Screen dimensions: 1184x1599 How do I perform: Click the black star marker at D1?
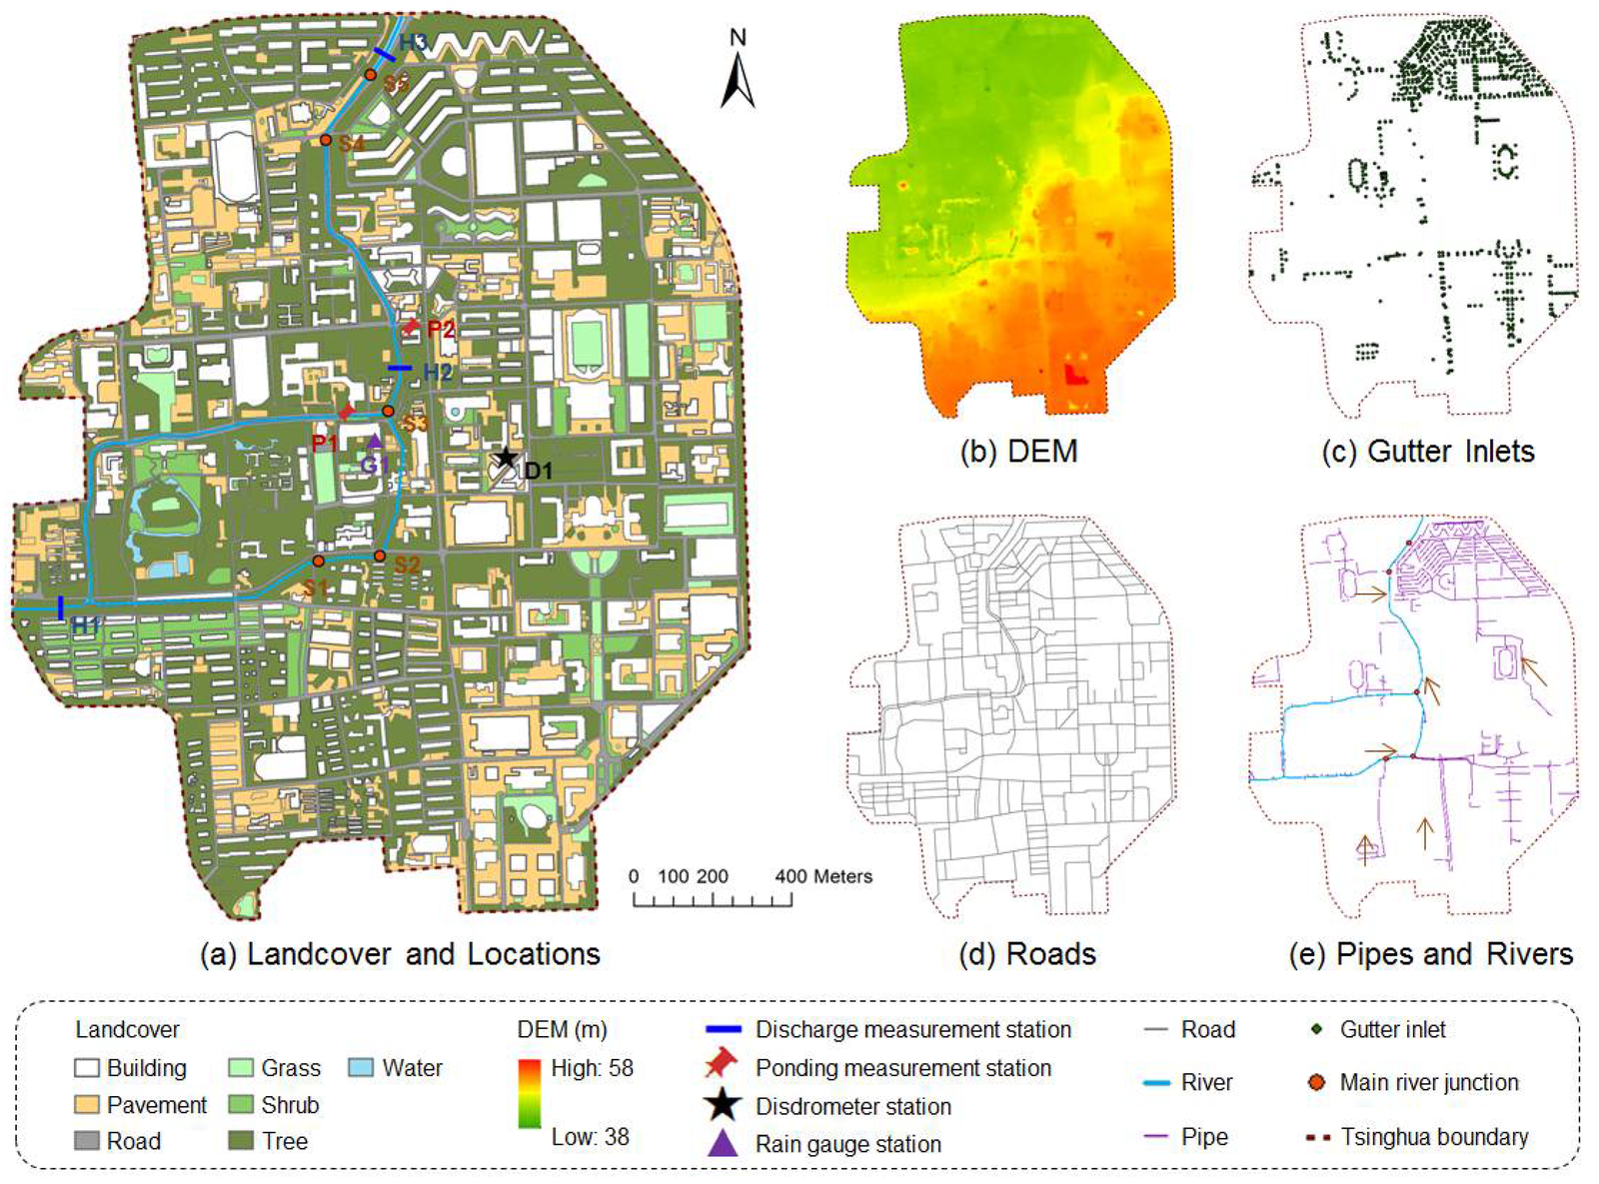pos(507,458)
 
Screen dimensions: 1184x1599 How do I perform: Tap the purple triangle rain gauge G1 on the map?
pos(374,441)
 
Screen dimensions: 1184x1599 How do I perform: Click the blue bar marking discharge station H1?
pos(61,607)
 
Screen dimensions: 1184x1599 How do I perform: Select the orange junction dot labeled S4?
pos(326,140)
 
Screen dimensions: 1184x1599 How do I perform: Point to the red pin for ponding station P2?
pos(412,325)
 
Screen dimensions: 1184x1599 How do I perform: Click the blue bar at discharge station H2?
pos(400,369)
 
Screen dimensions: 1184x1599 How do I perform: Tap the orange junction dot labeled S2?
pos(380,556)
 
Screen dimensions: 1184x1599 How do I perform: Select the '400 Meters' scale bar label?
pos(822,876)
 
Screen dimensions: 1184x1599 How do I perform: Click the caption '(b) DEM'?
pos(1018,451)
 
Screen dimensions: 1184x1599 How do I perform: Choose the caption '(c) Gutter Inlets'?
pos(1427,451)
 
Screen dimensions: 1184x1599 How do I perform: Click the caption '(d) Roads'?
pos(1026,953)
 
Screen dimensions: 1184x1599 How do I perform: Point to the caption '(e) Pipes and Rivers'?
pos(1430,953)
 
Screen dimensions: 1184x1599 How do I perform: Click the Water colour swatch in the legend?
pos(361,1067)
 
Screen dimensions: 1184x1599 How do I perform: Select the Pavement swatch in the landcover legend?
pos(87,1104)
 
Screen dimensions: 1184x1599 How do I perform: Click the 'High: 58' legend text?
pos(592,1067)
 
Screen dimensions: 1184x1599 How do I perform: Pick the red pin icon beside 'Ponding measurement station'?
pos(721,1064)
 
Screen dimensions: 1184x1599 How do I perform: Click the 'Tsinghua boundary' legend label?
pos(1434,1136)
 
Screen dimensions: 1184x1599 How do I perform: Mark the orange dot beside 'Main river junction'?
pos(1316,1082)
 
